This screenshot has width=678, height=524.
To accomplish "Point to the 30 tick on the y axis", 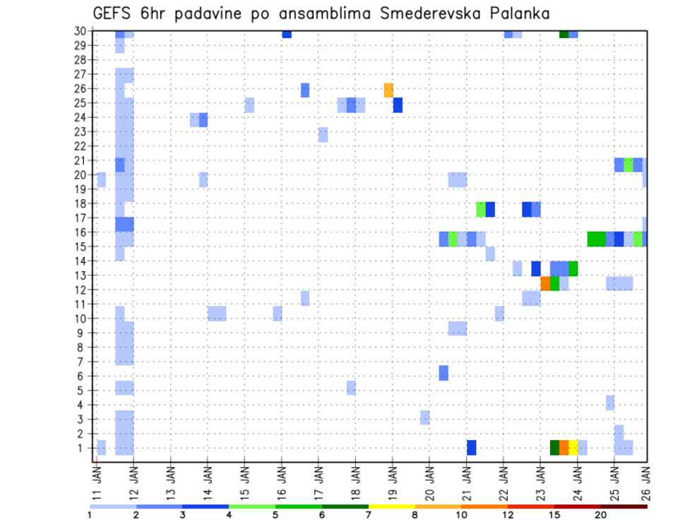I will click(83, 30).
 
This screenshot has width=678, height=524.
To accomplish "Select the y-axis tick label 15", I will click(83, 246).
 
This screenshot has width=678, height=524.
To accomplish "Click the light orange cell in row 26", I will click(388, 90).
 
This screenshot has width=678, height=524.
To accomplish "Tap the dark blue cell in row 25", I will click(398, 105).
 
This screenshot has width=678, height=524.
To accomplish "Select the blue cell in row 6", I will click(444, 373).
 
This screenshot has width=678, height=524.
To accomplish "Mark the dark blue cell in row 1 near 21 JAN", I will click(471, 448).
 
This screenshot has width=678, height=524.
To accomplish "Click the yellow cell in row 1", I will click(573, 448).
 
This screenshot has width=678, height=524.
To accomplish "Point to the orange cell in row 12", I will click(545, 283).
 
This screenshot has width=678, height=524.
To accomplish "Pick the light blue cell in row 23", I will click(323, 134).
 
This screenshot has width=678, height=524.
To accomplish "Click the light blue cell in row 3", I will click(425, 417).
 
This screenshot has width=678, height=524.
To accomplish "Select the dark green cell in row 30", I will click(564, 33).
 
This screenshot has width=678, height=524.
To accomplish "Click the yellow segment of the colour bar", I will click(391, 506).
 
